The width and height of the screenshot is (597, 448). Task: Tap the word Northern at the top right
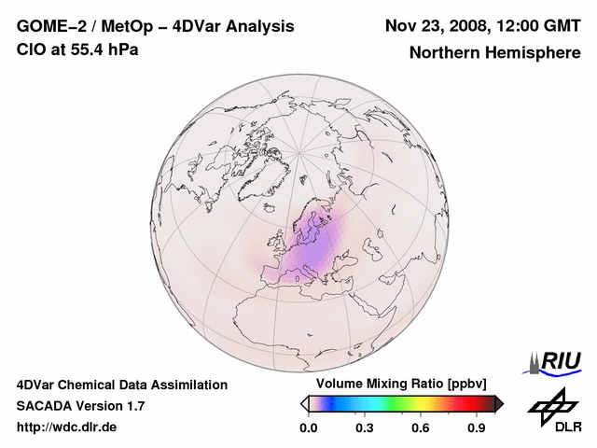click(444, 53)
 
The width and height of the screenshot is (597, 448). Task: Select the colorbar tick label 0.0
click(309, 428)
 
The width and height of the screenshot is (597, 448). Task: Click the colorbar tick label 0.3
click(365, 428)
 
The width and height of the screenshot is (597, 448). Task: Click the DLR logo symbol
click(551, 405)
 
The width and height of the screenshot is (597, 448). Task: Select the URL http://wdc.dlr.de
click(67, 427)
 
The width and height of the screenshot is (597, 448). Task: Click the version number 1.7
click(134, 406)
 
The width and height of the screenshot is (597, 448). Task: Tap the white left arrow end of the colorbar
click(304, 403)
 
